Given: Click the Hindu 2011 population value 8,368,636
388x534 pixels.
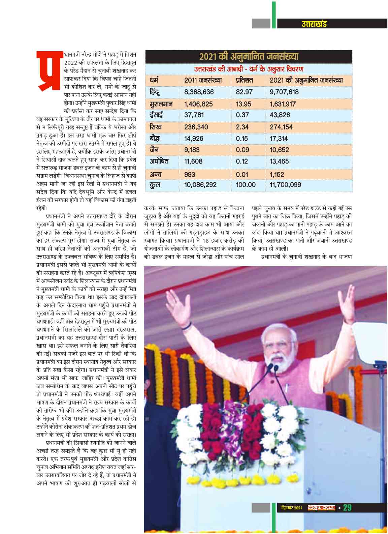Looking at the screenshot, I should pos(199,92).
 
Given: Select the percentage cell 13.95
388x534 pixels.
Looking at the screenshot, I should pos(243,104).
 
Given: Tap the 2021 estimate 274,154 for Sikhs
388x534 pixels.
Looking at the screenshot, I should pos(281,127).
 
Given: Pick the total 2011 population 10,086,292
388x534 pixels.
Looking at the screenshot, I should pos(200,185).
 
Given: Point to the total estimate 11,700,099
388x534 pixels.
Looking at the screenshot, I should pos(285,185).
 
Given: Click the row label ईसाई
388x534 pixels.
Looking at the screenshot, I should pos(156,115).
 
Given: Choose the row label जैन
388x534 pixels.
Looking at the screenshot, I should pos(154,150).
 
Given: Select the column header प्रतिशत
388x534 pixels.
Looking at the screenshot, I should pos(244,80).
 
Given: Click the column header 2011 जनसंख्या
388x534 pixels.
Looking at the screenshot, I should pos(203,80).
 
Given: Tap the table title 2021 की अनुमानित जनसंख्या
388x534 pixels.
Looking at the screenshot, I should pos(249,56).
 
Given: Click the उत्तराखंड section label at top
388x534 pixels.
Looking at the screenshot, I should pos(314,24).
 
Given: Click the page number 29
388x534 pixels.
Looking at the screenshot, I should pos(347,507).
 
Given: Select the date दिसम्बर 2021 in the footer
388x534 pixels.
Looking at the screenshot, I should pos(292,508).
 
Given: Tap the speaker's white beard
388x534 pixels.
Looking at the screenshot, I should pos(281,362).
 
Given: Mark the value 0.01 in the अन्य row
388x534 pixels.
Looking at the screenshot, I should pos(242,175).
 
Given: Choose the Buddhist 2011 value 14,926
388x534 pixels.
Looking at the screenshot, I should pos(194,139).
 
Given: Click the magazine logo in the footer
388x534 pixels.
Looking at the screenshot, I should pos(321,508).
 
